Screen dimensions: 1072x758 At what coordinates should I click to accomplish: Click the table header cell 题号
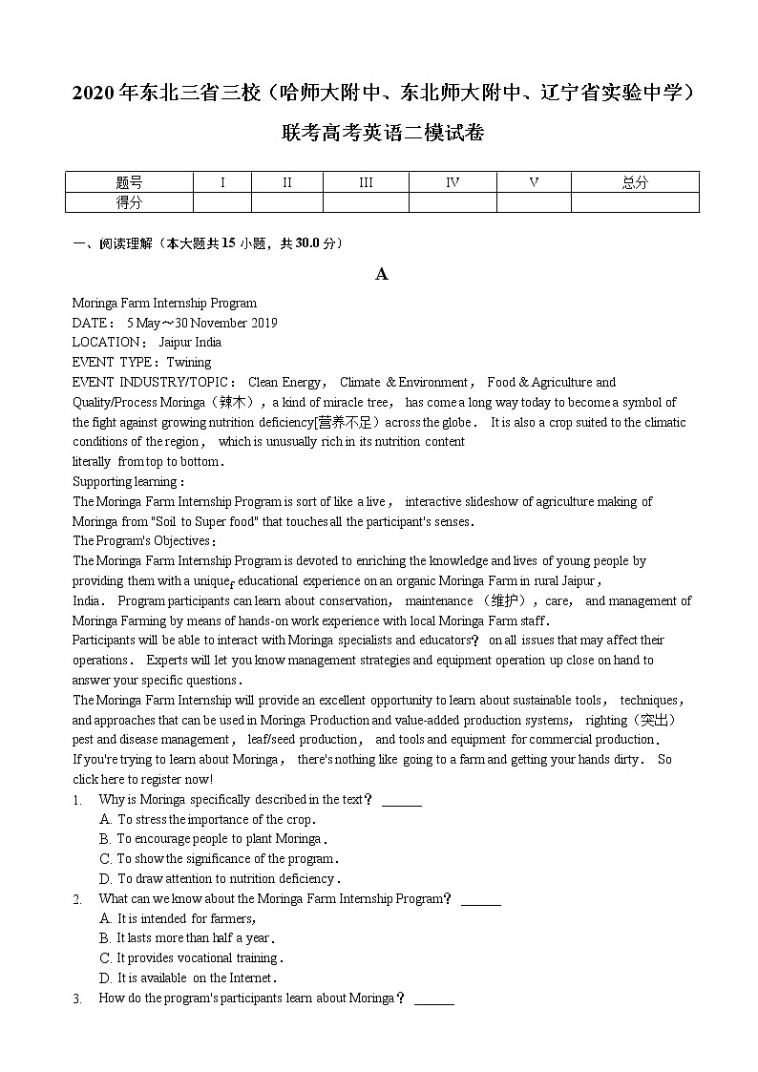tap(129, 182)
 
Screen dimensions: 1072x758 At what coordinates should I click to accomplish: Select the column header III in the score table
tap(366, 182)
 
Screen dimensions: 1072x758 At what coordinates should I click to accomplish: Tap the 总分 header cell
tap(635, 182)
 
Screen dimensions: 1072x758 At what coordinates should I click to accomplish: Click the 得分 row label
tap(129, 202)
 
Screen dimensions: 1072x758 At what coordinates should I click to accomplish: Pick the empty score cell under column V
tap(534, 202)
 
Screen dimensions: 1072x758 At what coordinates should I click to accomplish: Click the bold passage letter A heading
tap(381, 275)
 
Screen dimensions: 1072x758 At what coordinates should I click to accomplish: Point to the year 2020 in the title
tap(93, 94)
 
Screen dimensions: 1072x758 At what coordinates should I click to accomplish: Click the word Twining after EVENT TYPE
tap(189, 363)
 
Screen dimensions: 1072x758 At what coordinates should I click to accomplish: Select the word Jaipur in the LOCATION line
tap(176, 343)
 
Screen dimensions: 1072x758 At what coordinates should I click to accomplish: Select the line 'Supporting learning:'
tap(129, 482)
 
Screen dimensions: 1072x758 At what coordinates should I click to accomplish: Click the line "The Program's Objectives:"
tap(144, 541)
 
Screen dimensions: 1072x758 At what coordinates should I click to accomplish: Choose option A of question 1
tap(206, 820)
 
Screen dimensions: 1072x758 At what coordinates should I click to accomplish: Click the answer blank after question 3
tap(434, 999)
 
